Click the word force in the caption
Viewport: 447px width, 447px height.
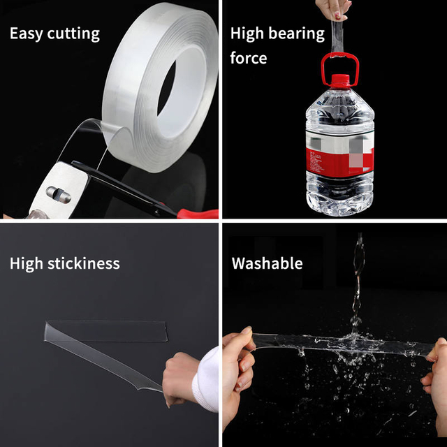(249, 58)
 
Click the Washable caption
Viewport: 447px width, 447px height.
(268, 263)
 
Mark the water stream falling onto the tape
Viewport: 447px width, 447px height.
(359, 279)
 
